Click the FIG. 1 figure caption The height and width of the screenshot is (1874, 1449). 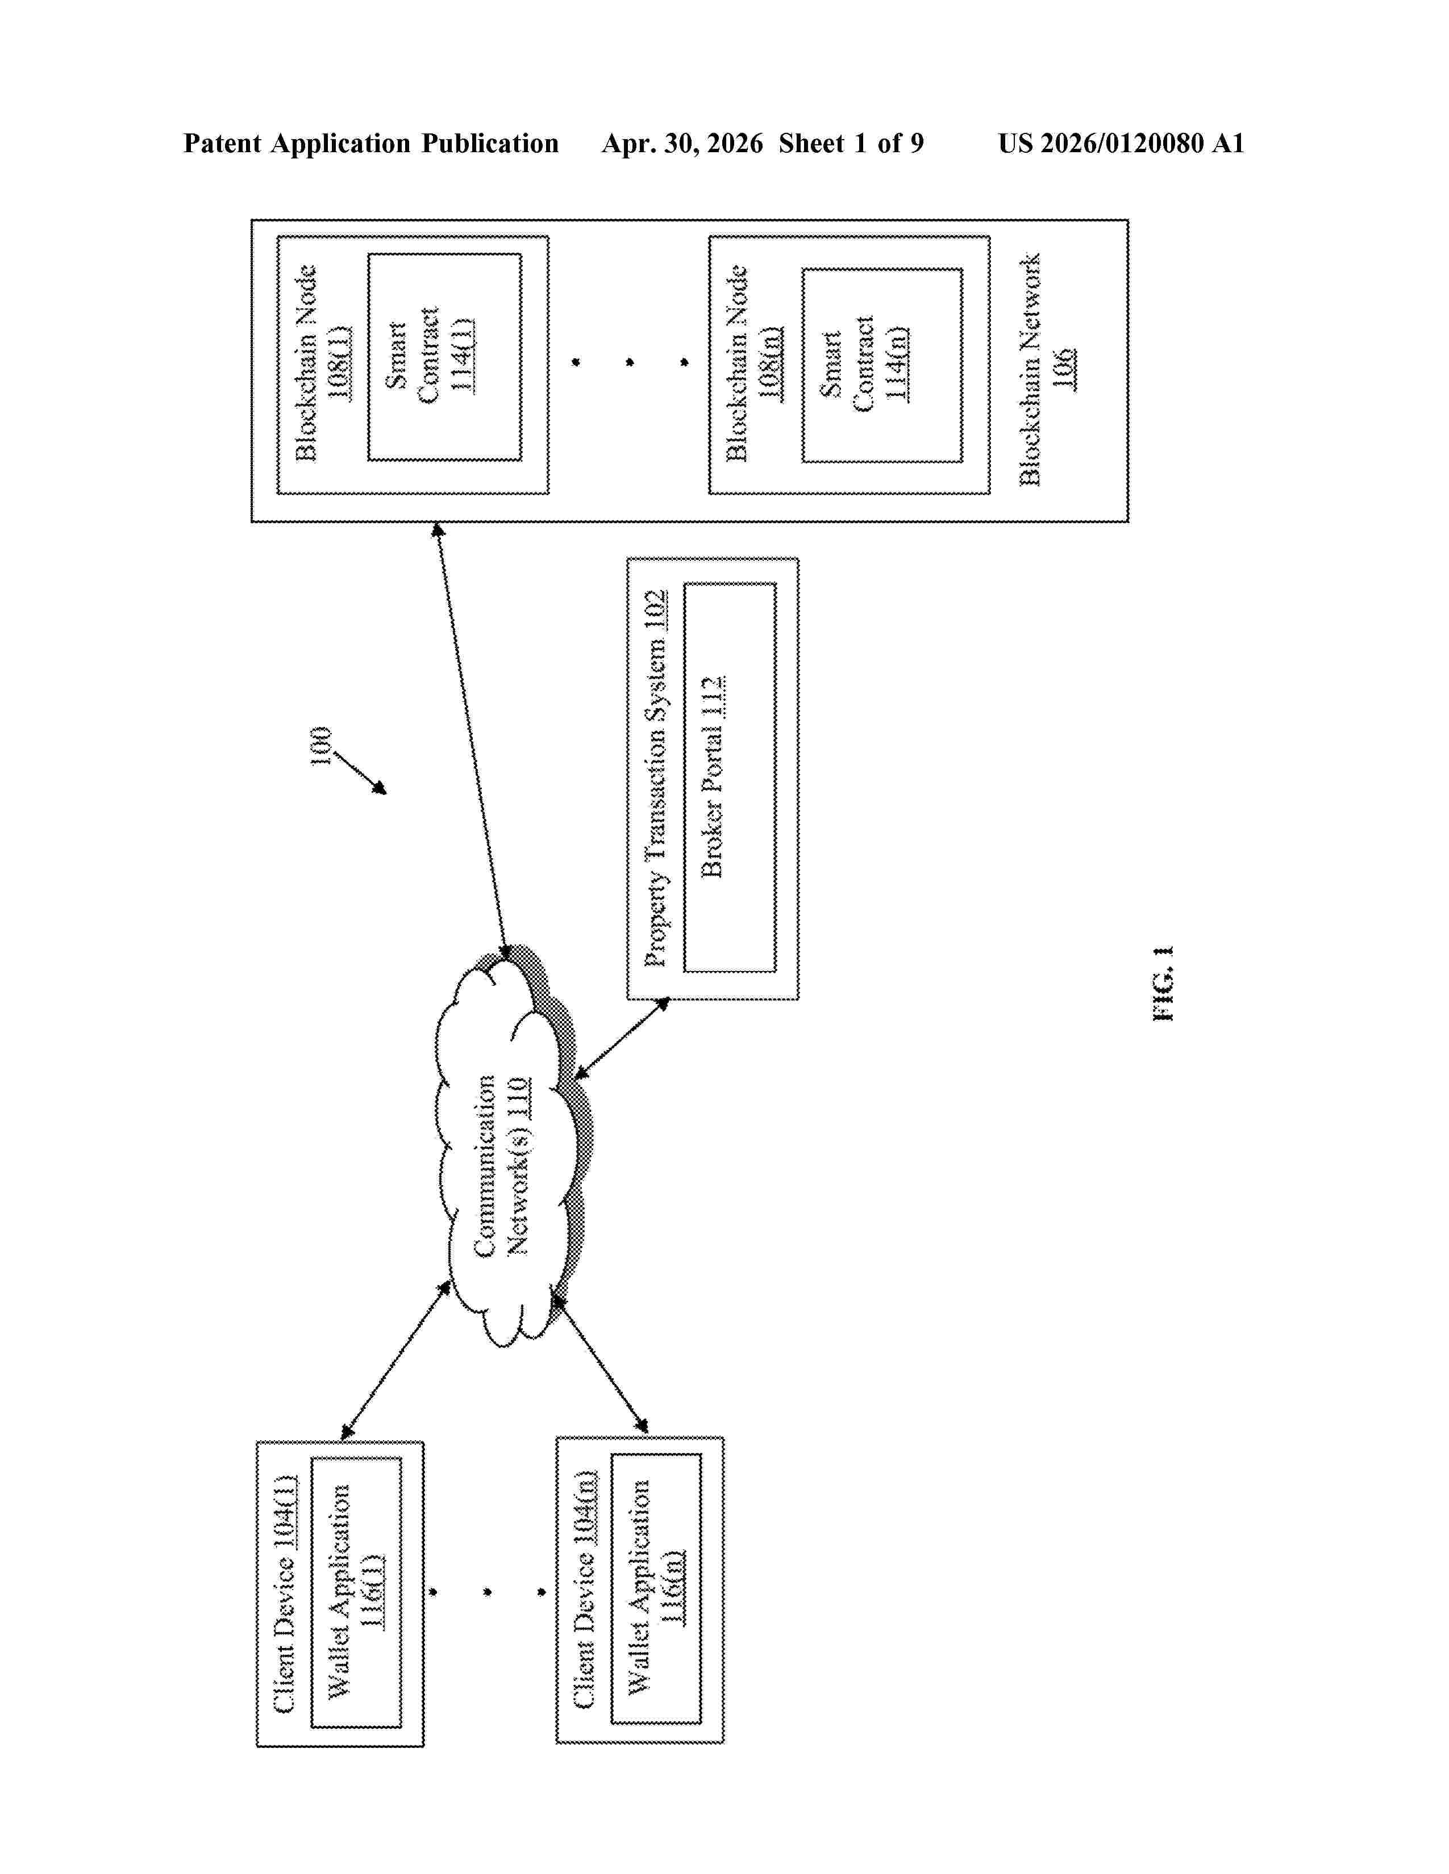[1164, 984]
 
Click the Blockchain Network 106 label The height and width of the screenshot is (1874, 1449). [1046, 369]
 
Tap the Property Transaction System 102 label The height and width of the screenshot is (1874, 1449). [655, 778]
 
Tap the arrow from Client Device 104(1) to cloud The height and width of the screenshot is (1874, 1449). [395, 1361]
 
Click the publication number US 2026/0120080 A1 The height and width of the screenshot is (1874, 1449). [1121, 143]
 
